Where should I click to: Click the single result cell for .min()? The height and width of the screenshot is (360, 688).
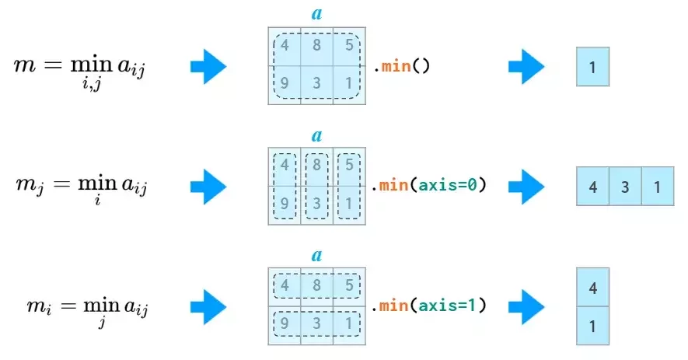coord(593,67)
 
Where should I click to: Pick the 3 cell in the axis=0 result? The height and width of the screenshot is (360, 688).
coord(625,187)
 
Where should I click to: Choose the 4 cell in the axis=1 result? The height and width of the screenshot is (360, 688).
coord(593,287)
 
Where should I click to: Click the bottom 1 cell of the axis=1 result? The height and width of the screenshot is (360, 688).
coord(593,326)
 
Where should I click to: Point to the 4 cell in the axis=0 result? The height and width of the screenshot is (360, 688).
coord(593,187)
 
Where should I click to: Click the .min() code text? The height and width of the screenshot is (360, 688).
coord(401,66)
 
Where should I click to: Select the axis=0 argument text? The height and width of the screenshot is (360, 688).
coord(448,185)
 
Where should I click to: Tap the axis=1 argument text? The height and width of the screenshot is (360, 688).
coord(448,305)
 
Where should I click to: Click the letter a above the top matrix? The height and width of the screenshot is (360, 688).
coord(317,14)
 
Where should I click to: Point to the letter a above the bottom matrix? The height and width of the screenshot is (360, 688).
coord(317,254)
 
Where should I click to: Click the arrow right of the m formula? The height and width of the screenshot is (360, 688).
coord(208,67)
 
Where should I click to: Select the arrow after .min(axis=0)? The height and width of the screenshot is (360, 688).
coord(526,187)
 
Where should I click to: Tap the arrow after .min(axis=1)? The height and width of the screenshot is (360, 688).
coord(526,307)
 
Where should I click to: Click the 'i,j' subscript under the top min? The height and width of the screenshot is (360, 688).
coord(92,82)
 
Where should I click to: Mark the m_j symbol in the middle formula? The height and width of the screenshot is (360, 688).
coord(30,185)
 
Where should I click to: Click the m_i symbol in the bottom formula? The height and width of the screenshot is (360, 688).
coord(39,306)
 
